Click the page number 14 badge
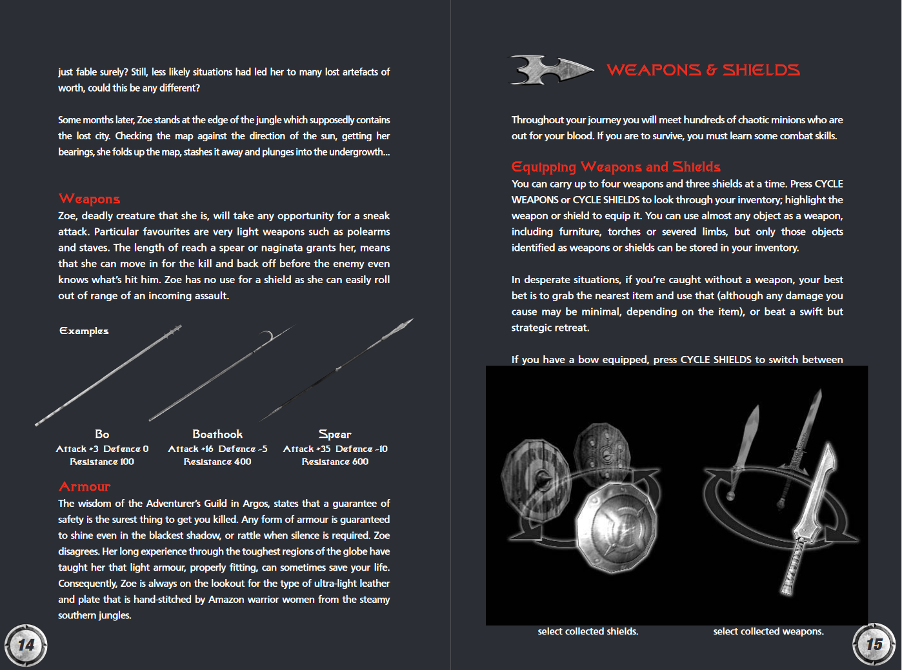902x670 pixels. (x=26, y=645)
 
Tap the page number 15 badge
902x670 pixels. (x=874, y=644)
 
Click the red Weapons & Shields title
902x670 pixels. (x=703, y=70)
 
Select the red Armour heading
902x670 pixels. (x=85, y=486)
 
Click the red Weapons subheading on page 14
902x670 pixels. (x=90, y=199)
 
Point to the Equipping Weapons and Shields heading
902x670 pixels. (x=616, y=166)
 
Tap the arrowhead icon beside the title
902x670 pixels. (x=551, y=70)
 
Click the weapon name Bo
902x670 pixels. (x=102, y=434)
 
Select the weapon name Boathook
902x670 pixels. (x=217, y=434)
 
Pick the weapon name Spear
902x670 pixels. (x=335, y=435)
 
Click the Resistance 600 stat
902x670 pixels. (x=335, y=462)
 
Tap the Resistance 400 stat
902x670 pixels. (x=217, y=462)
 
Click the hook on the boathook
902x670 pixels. (x=266, y=336)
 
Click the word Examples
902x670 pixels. (x=84, y=331)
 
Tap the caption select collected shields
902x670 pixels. (x=588, y=631)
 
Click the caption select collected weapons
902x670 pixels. (x=768, y=631)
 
